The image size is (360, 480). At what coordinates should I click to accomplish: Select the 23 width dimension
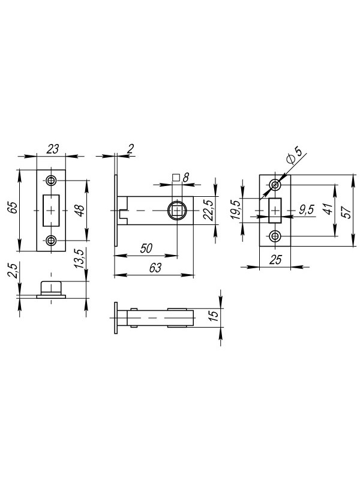[52, 149]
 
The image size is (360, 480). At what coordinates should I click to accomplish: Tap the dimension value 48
[80, 211]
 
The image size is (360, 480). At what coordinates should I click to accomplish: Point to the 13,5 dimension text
[79, 259]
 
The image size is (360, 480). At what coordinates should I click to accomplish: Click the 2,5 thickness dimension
[13, 271]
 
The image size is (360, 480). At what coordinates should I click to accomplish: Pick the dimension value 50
[146, 248]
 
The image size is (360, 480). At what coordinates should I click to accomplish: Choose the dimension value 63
[155, 268]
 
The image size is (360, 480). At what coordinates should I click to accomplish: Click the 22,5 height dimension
[208, 210]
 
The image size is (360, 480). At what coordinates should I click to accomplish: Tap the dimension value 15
[214, 316]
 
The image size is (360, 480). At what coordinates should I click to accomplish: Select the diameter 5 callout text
[294, 155]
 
